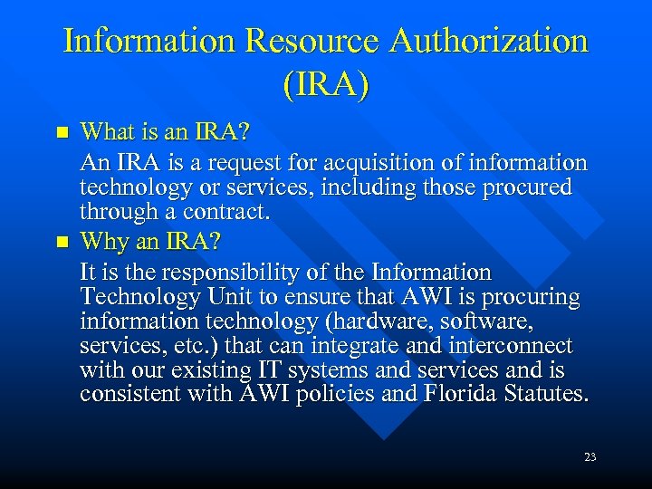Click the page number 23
pyautogui.click(x=590, y=457)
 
